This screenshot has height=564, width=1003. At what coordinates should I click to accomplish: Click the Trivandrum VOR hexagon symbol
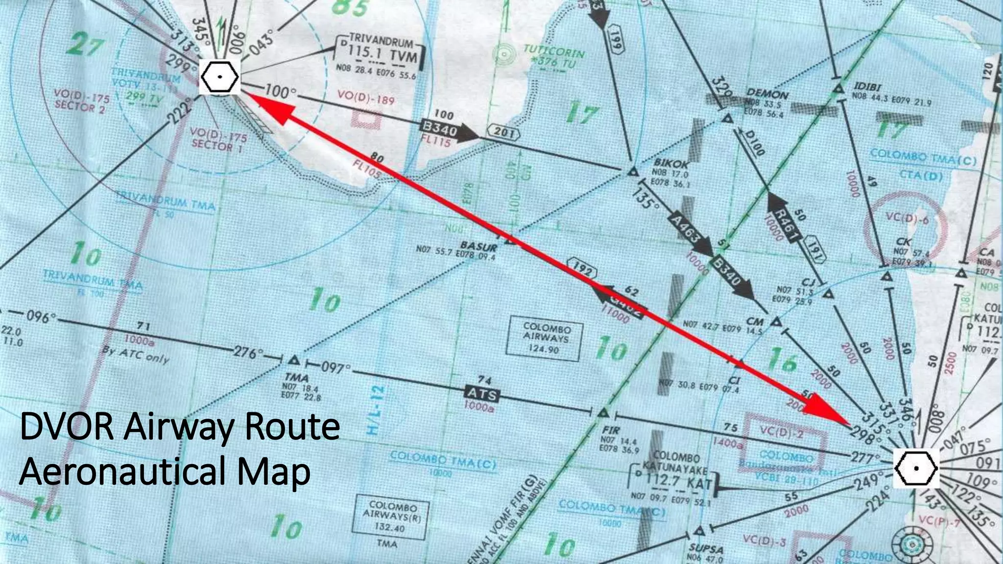pyautogui.click(x=220, y=77)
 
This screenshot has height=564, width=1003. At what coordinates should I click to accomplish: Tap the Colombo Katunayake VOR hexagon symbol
pyautogui.click(x=916, y=468)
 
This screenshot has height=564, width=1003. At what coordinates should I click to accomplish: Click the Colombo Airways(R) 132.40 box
pyautogui.click(x=391, y=516)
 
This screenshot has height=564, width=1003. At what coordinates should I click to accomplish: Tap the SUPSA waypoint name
pyautogui.click(x=706, y=549)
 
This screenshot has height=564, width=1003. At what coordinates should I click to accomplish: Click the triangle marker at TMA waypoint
pyautogui.click(x=294, y=360)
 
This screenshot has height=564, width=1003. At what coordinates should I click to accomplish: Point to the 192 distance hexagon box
pyautogui.click(x=582, y=269)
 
